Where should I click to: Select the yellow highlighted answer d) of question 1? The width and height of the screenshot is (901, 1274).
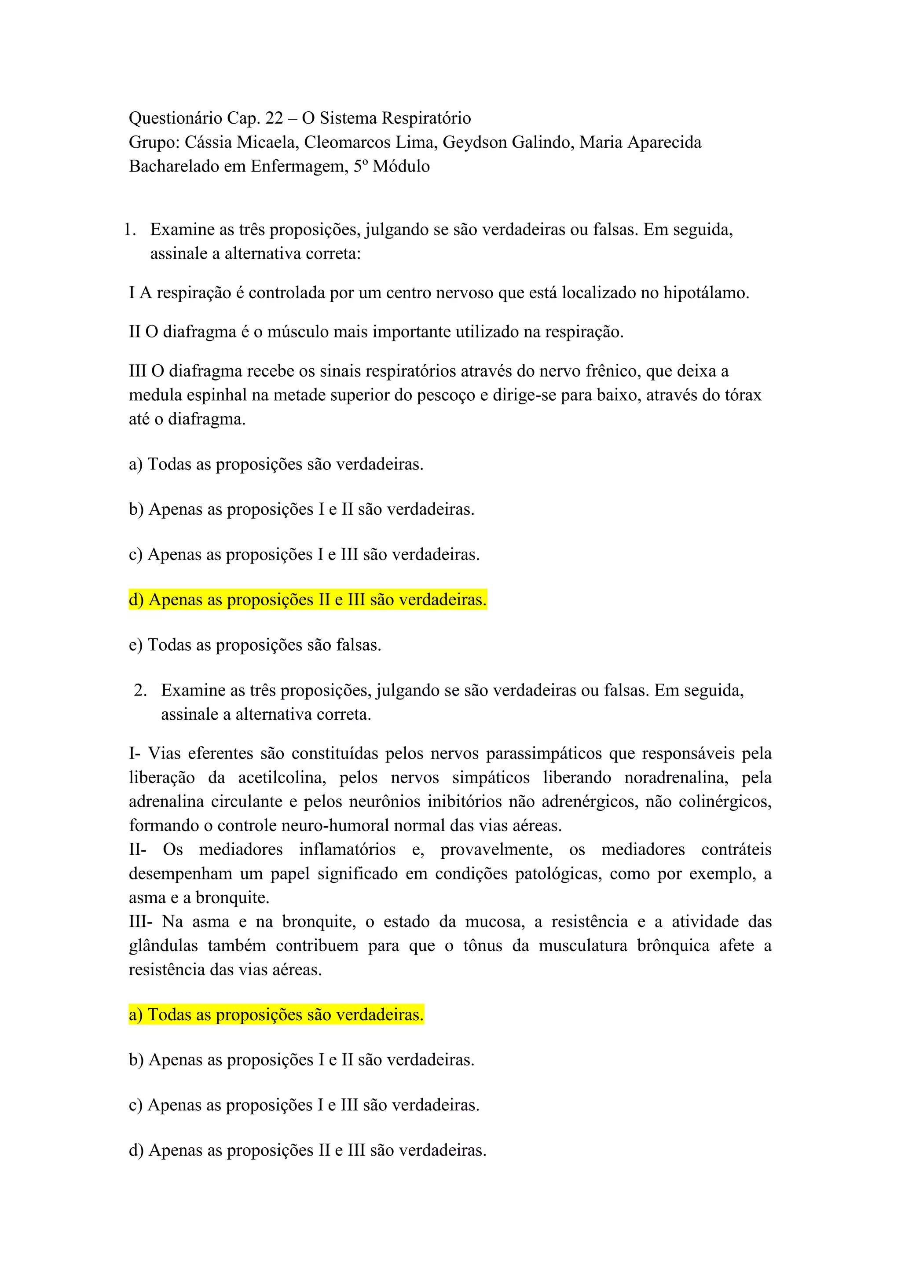308,600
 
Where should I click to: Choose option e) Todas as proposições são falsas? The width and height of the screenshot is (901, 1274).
255,645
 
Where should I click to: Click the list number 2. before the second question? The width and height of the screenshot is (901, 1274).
140,690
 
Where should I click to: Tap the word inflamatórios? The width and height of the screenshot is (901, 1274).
347,850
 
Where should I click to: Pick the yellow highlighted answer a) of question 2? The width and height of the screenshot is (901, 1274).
276,1015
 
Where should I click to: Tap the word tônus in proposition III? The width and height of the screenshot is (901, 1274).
483,945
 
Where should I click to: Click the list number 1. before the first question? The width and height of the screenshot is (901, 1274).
130,230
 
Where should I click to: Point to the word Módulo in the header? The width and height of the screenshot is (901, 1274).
401,166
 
